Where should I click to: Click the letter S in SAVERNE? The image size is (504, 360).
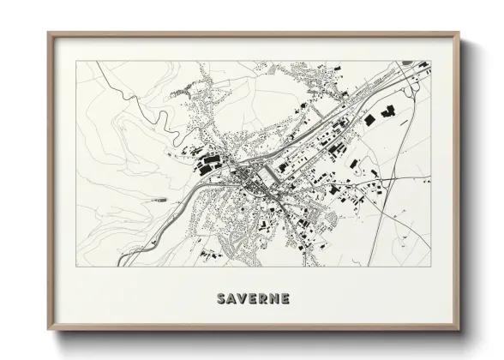point(222,299)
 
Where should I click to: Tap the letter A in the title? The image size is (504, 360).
point(233,299)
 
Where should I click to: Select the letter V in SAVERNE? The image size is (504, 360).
point(244,299)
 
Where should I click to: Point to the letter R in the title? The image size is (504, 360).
point(265,299)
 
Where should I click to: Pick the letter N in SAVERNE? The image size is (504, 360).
point(275,299)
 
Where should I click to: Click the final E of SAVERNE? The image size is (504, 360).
point(285,299)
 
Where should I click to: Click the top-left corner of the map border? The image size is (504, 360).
point(76,61)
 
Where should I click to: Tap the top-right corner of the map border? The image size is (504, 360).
point(431,61)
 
